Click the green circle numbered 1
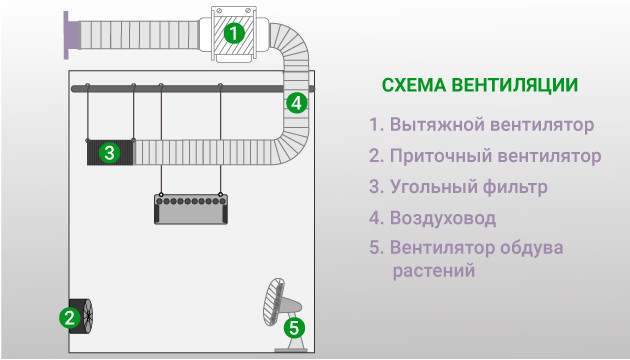tap(232, 32)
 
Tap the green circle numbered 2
tap(68, 318)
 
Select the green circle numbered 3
tap(110, 153)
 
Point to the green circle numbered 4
tap(295, 102)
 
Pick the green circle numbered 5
tap(293, 327)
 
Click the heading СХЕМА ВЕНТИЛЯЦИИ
tap(479, 85)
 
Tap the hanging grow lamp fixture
tap(191, 207)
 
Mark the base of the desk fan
tap(293, 346)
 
